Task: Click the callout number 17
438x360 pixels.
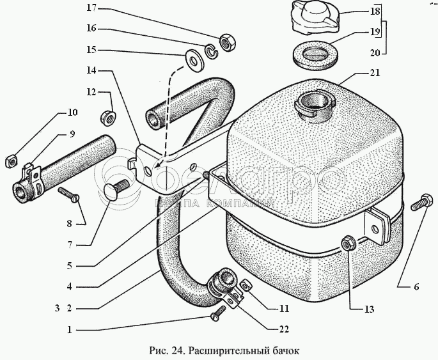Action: [92, 8]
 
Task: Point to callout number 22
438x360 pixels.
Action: [284, 329]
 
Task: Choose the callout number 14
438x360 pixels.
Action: [91, 70]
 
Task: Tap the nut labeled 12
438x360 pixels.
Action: [107, 118]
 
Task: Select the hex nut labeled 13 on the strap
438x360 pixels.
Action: [348, 243]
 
